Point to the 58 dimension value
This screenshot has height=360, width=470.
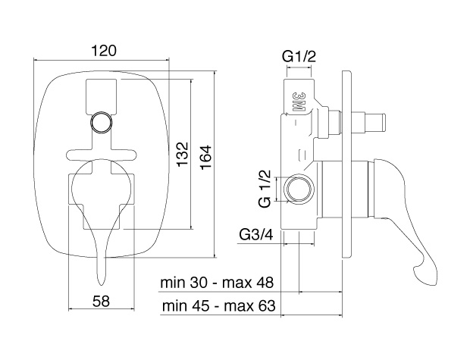tap(101, 300)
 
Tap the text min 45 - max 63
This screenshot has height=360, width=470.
tap(216, 306)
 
